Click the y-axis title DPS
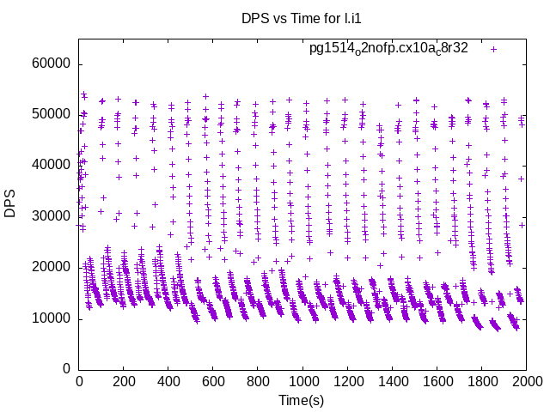11,203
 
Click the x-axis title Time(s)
302,400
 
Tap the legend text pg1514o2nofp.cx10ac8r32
388,49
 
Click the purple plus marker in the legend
493,49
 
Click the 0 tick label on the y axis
66,369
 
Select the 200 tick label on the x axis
124,382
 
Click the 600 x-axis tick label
213,382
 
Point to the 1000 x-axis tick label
302,382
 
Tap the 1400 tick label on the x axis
393,382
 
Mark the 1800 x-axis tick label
482,382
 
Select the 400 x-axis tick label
168,382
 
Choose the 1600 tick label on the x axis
437,382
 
